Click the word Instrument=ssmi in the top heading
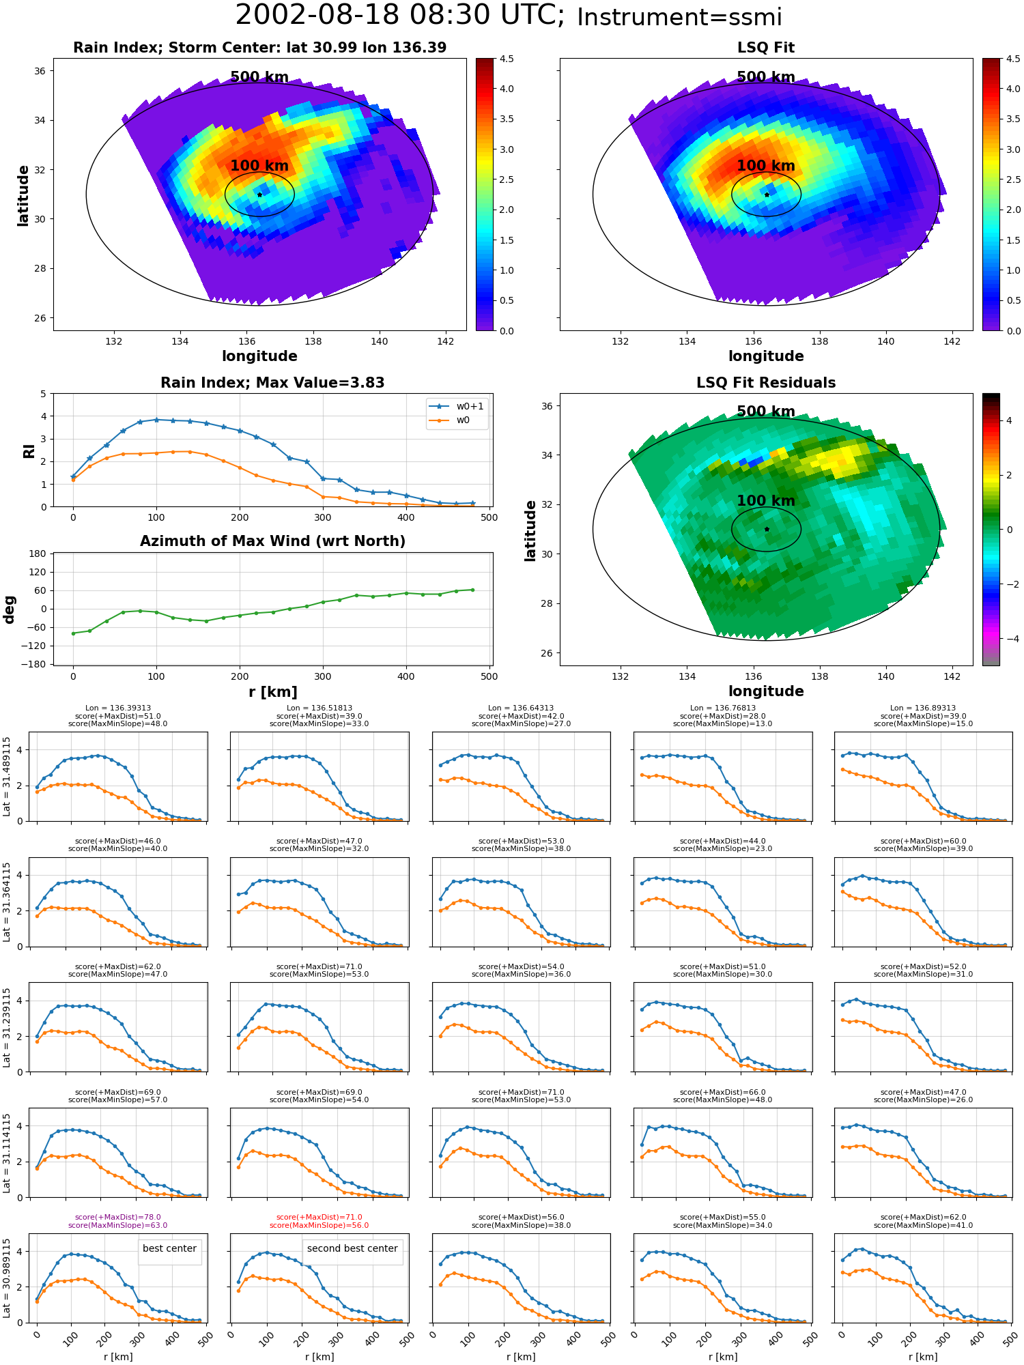(679, 18)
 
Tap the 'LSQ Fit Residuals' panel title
(766, 383)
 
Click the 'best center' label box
(169, 1248)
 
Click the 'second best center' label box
(352, 1248)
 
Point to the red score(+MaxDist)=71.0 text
(319, 1217)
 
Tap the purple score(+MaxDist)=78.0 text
(118, 1217)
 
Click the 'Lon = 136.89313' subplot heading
(923, 708)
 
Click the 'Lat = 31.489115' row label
(7, 777)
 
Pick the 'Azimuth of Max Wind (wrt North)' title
(273, 541)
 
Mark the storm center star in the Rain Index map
(259, 195)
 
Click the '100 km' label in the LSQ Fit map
(766, 166)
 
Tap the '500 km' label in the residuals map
(766, 412)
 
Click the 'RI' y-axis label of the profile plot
(29, 451)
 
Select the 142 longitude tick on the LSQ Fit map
(952, 341)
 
